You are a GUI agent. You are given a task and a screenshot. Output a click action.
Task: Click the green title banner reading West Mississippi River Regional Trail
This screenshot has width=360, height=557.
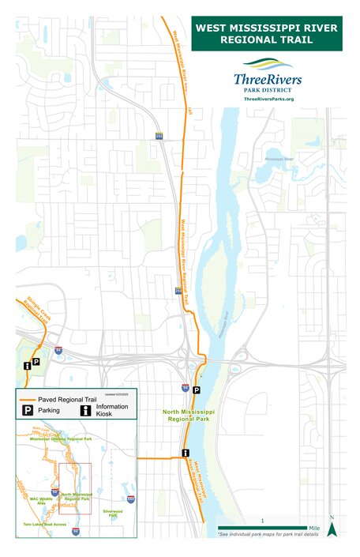click(x=267, y=33)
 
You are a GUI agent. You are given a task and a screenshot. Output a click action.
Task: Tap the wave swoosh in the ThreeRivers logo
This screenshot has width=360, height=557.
click(x=267, y=64)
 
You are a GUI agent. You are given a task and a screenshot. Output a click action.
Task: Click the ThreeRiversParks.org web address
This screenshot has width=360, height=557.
click(x=268, y=99)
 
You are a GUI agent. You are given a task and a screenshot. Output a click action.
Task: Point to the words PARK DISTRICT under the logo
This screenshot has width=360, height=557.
click(x=267, y=89)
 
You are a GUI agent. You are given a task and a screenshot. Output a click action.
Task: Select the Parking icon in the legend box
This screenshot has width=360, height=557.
click(x=27, y=412)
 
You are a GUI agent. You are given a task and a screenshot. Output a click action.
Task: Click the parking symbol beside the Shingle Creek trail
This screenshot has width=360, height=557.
click(x=36, y=360)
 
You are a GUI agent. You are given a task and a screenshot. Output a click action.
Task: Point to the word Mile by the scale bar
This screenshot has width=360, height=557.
click(x=314, y=528)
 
